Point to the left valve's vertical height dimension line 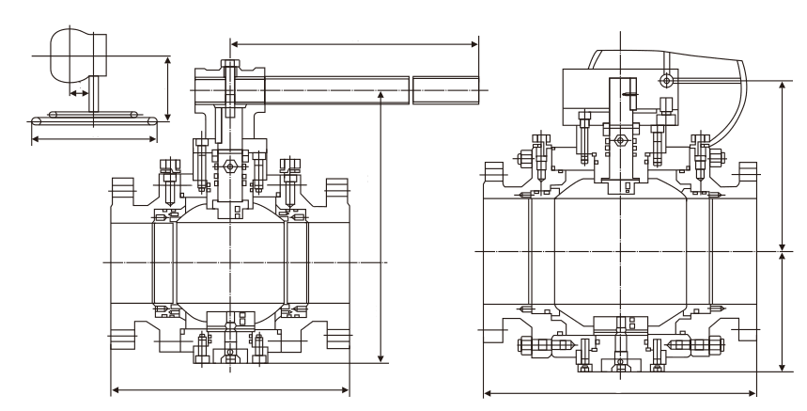(380, 226)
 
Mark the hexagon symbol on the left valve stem (230, 167)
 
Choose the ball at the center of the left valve (230, 260)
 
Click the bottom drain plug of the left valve (230, 356)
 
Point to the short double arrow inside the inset (79, 93)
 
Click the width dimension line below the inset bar (93, 138)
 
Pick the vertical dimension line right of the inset (168, 87)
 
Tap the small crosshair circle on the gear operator (665, 77)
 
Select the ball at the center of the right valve (620, 251)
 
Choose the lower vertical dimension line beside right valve (784, 310)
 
